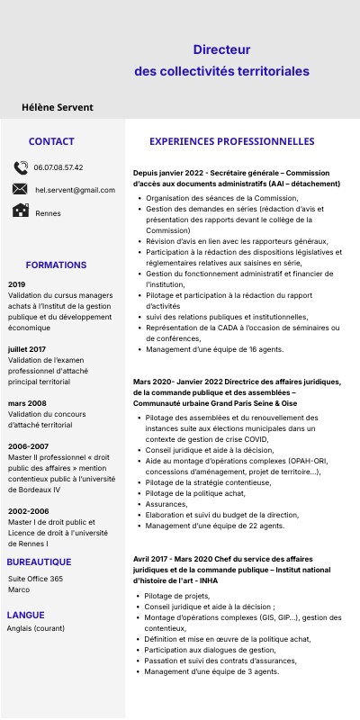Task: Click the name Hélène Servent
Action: click(x=58, y=107)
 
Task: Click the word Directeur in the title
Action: click(x=221, y=51)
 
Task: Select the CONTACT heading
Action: click(x=51, y=141)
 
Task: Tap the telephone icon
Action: click(x=21, y=167)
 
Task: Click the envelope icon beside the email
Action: click(x=20, y=189)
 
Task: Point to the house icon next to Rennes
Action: click(x=20, y=211)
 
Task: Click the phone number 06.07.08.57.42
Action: click(x=58, y=167)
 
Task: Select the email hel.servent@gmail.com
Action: click(x=75, y=190)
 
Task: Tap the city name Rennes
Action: click(x=48, y=213)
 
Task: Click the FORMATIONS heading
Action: click(x=56, y=265)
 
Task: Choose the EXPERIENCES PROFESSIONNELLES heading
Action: click(x=231, y=141)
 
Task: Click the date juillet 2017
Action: click(x=27, y=348)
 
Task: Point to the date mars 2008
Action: click(x=27, y=402)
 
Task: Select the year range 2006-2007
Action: click(x=29, y=445)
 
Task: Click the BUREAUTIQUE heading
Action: click(x=45, y=562)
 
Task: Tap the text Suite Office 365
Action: click(x=35, y=579)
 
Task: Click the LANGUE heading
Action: click(x=25, y=615)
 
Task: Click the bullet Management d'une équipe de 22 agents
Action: click(x=214, y=526)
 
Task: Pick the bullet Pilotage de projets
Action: click(x=177, y=596)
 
